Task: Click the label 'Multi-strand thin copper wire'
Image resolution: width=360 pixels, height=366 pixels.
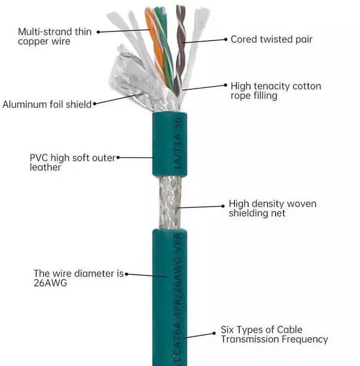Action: tap(54, 37)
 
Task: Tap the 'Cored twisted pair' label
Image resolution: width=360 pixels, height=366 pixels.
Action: tap(271, 39)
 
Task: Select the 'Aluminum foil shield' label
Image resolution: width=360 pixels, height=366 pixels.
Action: tap(47, 104)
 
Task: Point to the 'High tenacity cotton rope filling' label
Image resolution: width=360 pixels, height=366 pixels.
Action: tap(276, 91)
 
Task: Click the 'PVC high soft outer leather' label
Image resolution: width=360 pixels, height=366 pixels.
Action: tap(72, 162)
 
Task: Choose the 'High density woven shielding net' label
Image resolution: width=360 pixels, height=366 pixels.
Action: tap(272, 208)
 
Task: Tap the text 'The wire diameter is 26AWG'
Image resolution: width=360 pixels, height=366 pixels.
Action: tap(78, 278)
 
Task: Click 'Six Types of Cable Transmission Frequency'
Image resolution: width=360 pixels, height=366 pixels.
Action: tap(274, 334)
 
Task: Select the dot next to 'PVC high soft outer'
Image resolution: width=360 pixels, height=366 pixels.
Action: tap(118, 158)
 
